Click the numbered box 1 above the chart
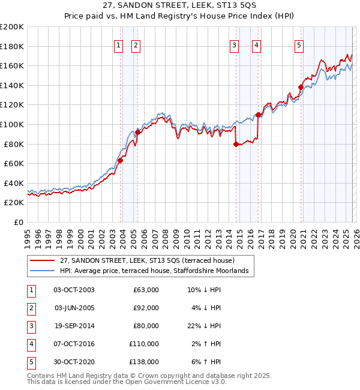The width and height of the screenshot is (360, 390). pyautogui.click(x=118, y=45)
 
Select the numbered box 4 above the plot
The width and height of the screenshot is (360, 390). pyautogui.click(x=256, y=45)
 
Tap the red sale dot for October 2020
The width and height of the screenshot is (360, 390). pyautogui.click(x=301, y=87)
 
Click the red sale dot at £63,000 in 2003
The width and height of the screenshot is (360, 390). pyautogui.click(x=120, y=160)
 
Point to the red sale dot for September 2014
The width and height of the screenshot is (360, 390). pyautogui.click(x=236, y=143)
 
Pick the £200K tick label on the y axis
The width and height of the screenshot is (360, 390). pyautogui.click(x=12, y=26)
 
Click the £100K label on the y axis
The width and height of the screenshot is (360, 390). pyautogui.click(x=12, y=124)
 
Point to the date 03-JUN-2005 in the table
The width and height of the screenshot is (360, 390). pyautogui.click(x=74, y=308)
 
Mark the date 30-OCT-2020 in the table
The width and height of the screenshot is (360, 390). pyautogui.click(x=74, y=362)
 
